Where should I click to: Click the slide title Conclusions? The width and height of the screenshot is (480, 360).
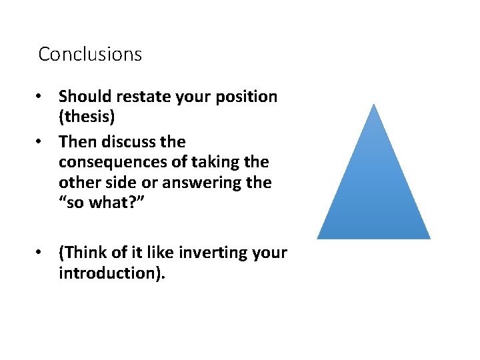[x=90, y=54]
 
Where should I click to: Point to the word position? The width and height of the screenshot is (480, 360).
[x=249, y=97]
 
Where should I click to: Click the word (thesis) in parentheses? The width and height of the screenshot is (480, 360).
[x=87, y=117]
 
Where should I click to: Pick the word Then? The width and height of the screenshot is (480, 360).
[x=76, y=142]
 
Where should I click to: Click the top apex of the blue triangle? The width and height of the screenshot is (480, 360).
[x=374, y=105]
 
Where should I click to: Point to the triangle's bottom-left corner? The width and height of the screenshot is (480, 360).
[x=318, y=237]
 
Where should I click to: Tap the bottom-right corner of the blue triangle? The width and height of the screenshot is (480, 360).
[x=429, y=237]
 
